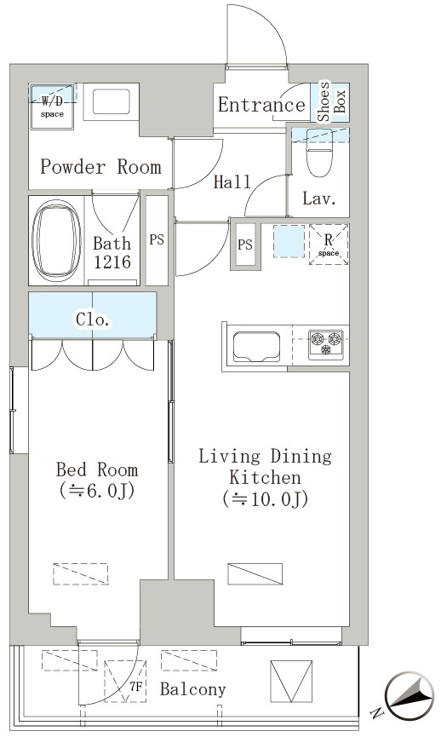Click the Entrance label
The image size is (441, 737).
(261, 105)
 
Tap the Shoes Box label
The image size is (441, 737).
(331, 101)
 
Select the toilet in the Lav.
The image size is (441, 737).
(319, 153)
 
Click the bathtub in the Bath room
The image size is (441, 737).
(56, 240)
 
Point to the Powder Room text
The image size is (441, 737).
(100, 167)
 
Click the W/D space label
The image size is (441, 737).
(52, 106)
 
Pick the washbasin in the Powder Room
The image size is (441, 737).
(112, 101)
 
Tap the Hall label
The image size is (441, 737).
(232, 181)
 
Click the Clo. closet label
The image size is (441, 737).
(94, 320)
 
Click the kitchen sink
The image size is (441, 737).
(256, 347)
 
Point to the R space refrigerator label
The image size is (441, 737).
(329, 245)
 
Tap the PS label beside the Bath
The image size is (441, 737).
(157, 239)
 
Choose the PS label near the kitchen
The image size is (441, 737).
(245, 245)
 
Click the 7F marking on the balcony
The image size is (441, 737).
(135, 687)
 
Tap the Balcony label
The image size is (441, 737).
(193, 689)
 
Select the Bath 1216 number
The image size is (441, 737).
(112, 262)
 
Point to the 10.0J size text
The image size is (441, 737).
(266, 499)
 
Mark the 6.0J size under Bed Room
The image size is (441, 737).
(97, 491)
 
